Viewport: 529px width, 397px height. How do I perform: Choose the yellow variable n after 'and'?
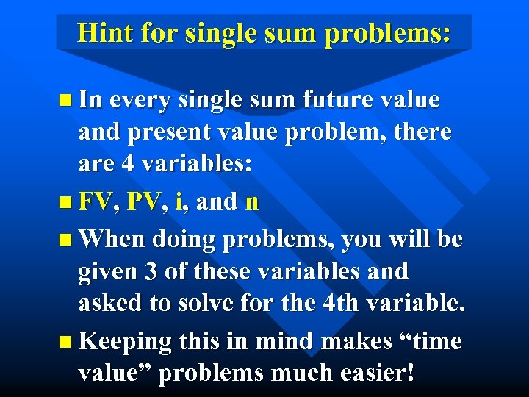pos(251,201)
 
